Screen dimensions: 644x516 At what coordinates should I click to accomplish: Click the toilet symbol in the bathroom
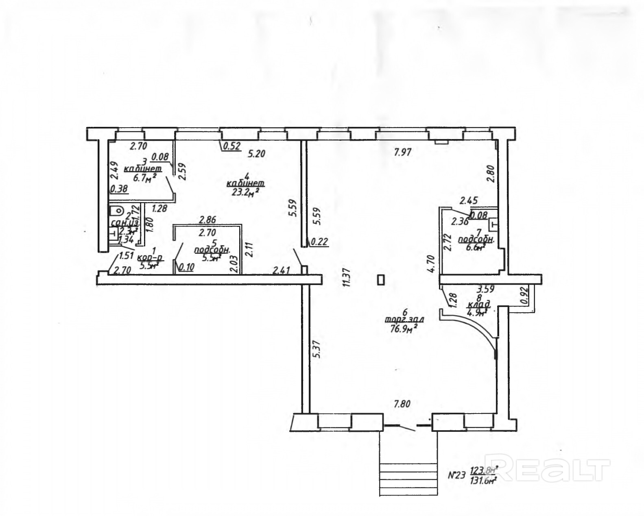[x=117, y=211]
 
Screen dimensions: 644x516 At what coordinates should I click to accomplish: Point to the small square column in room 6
[x=381, y=280]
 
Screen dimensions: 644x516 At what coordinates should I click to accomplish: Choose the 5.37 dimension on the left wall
[x=318, y=348]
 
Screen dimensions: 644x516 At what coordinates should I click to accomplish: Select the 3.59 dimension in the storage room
[x=485, y=290]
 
